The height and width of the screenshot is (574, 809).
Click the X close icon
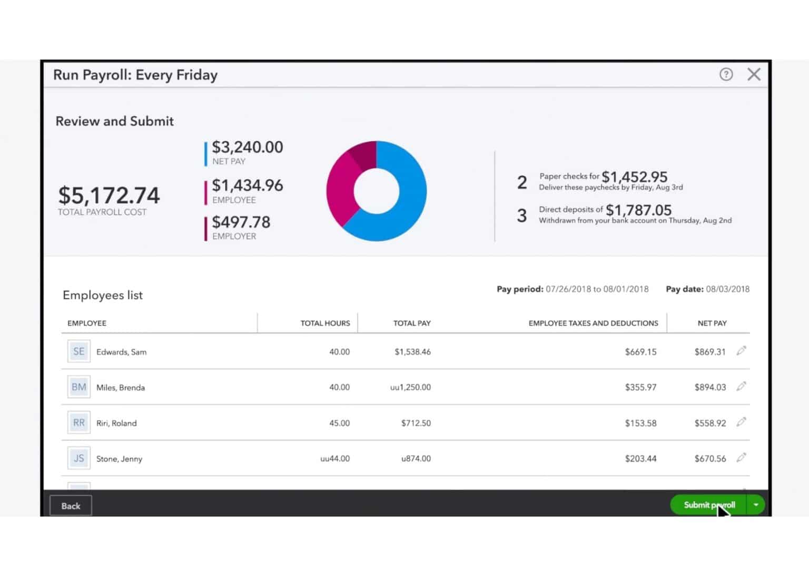click(x=754, y=74)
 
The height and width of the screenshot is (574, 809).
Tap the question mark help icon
click(x=726, y=74)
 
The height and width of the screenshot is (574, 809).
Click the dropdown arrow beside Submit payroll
click(x=756, y=505)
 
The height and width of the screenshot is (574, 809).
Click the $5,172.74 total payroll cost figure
click(x=108, y=195)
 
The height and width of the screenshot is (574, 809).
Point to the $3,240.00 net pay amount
click(x=247, y=147)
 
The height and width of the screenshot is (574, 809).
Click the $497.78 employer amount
click(x=241, y=222)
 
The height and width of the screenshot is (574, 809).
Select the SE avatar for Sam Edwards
click(x=78, y=352)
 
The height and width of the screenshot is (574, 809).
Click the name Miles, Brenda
click(x=120, y=388)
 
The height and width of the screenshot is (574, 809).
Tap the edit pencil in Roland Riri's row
click(x=741, y=422)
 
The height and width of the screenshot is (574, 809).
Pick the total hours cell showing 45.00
click(x=339, y=423)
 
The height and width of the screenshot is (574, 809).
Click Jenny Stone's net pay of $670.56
click(x=709, y=459)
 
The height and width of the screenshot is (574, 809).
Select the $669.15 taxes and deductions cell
click(x=640, y=352)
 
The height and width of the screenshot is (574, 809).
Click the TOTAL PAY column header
click(x=411, y=323)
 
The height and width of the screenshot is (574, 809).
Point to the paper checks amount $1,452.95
click(x=634, y=177)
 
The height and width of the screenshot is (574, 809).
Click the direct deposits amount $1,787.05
click(x=638, y=210)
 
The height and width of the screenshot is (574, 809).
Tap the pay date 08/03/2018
click(x=727, y=289)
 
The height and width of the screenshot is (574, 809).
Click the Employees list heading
click(x=103, y=295)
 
